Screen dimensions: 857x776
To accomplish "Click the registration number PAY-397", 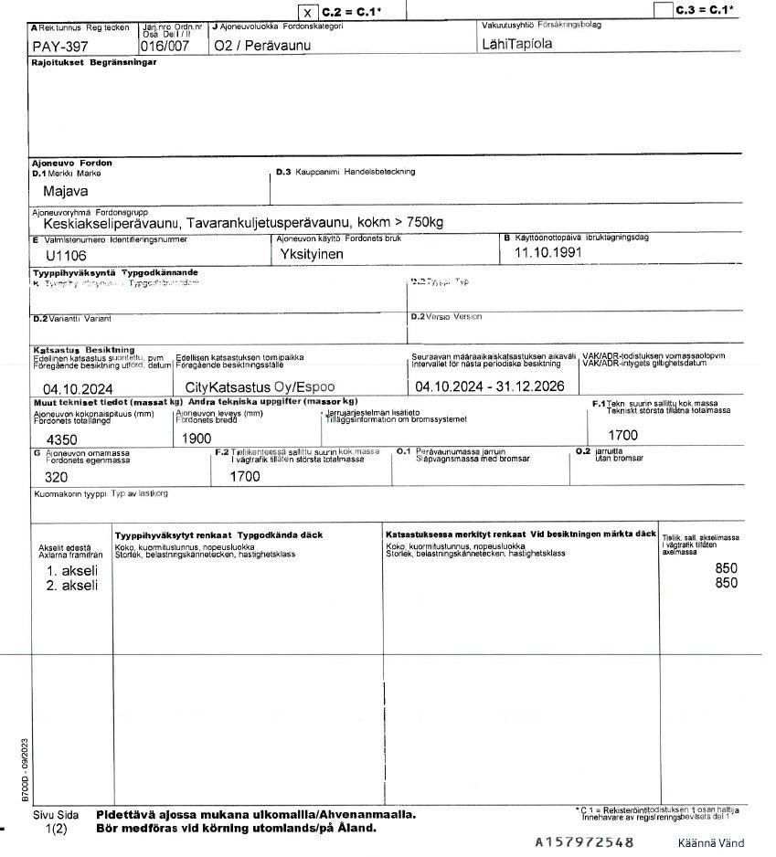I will click(59, 45).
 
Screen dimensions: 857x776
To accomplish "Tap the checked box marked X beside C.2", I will click(309, 12).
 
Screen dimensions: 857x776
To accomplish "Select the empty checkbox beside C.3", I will click(664, 11).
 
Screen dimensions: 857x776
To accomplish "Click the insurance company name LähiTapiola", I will click(516, 43).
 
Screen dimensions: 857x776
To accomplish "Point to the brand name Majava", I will click(67, 192).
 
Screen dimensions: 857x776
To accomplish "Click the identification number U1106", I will click(66, 256).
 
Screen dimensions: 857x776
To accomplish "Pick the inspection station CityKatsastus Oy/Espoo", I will click(260, 387).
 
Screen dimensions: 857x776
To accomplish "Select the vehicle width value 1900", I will click(196, 439).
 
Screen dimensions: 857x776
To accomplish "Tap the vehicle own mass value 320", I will click(44, 476).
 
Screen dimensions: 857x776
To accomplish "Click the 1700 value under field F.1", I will click(622, 435).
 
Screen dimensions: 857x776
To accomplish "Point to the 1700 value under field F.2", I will click(245, 476).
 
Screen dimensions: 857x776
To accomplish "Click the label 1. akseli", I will click(72, 570).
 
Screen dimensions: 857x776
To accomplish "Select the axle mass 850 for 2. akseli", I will click(726, 583).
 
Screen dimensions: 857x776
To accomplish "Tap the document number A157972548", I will click(584, 841).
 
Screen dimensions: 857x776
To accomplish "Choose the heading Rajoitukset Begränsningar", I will click(94, 62).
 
